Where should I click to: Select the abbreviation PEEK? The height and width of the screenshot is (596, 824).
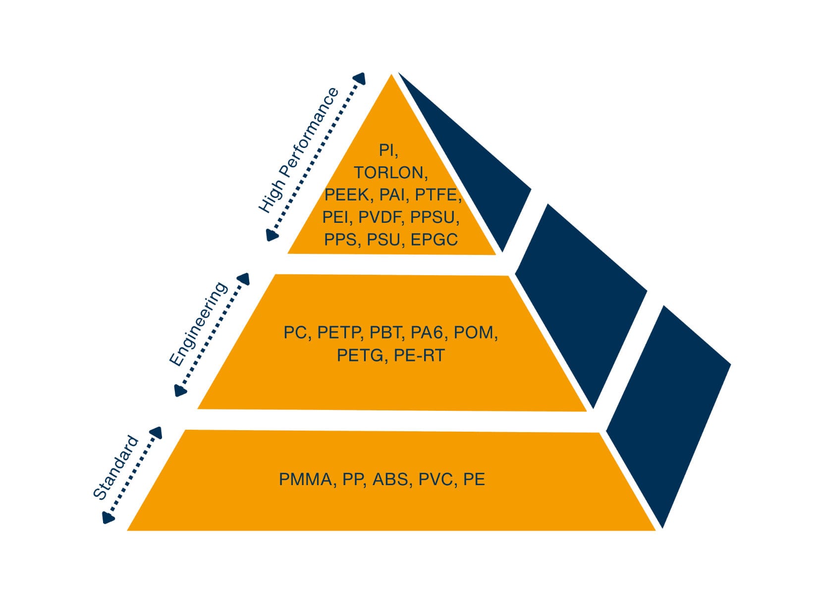pos(347,195)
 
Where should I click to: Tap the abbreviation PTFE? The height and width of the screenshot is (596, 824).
pos(437,195)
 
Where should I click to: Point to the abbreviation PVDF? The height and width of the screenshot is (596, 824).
pos(380,217)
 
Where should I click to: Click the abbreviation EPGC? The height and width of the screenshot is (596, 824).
pos(434,240)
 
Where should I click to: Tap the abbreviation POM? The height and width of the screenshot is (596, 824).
pos(474,333)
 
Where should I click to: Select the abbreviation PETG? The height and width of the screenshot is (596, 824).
pos(360,355)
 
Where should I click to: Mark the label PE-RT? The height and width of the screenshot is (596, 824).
pos(419,355)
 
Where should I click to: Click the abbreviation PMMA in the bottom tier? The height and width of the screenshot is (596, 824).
pos(305,480)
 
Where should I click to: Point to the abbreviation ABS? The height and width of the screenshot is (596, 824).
pos(390,480)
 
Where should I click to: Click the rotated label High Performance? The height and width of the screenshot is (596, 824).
pos(298,150)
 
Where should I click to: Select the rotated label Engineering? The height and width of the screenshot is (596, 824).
pos(198,325)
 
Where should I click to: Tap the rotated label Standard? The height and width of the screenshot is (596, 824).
pos(115,468)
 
